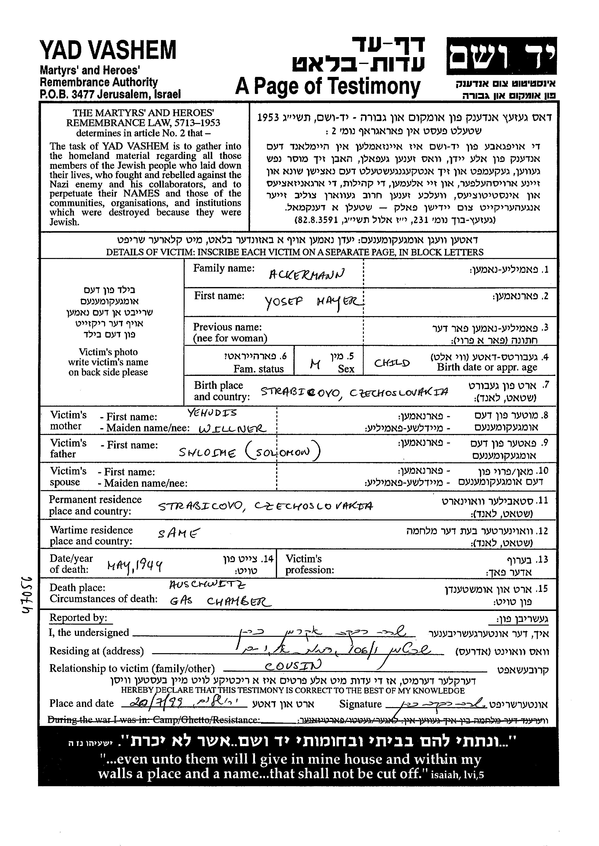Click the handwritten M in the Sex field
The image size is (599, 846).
(315, 365)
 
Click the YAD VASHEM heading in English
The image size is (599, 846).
(108, 51)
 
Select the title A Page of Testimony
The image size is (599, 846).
(328, 87)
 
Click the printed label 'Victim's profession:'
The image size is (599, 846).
(310, 564)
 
